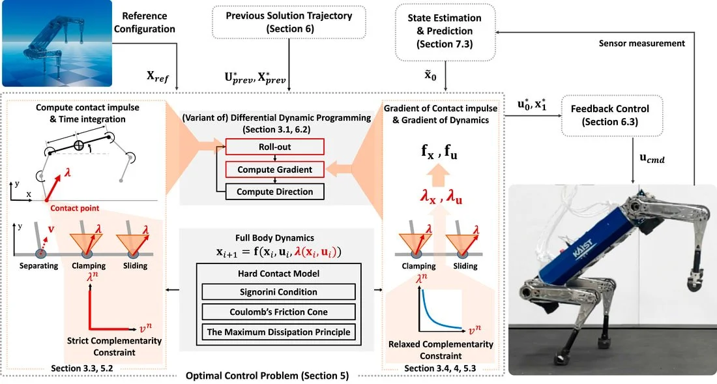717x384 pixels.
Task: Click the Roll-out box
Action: click(x=275, y=147)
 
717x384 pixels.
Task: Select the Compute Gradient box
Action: click(x=275, y=170)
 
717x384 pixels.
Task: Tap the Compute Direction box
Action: click(x=275, y=192)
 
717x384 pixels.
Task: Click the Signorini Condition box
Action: click(x=278, y=291)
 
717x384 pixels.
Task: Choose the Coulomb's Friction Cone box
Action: click(x=278, y=312)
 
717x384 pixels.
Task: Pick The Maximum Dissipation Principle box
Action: click(x=278, y=332)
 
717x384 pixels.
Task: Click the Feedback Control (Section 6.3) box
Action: click(x=612, y=115)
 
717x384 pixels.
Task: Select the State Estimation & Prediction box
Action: click(x=445, y=31)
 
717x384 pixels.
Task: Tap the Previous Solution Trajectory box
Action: click(x=289, y=22)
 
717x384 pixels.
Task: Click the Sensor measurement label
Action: click(x=641, y=44)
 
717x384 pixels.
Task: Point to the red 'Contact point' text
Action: click(x=74, y=208)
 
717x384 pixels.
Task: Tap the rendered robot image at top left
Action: click(x=57, y=44)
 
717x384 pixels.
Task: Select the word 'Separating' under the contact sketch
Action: click(x=39, y=265)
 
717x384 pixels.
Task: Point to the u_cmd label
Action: click(x=652, y=158)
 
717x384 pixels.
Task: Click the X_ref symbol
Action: click(x=158, y=76)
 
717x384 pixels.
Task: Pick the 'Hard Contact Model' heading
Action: click(x=278, y=273)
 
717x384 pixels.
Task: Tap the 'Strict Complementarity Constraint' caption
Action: click(x=114, y=347)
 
